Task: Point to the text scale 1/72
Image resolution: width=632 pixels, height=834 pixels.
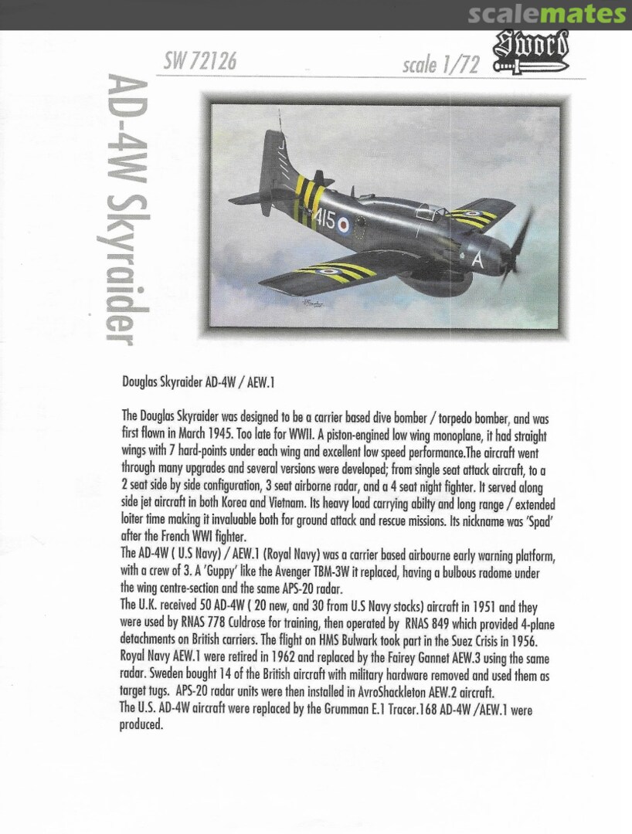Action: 440,65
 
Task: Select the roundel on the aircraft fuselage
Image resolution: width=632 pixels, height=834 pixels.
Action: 345,226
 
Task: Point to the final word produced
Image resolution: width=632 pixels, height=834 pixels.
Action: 141,725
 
